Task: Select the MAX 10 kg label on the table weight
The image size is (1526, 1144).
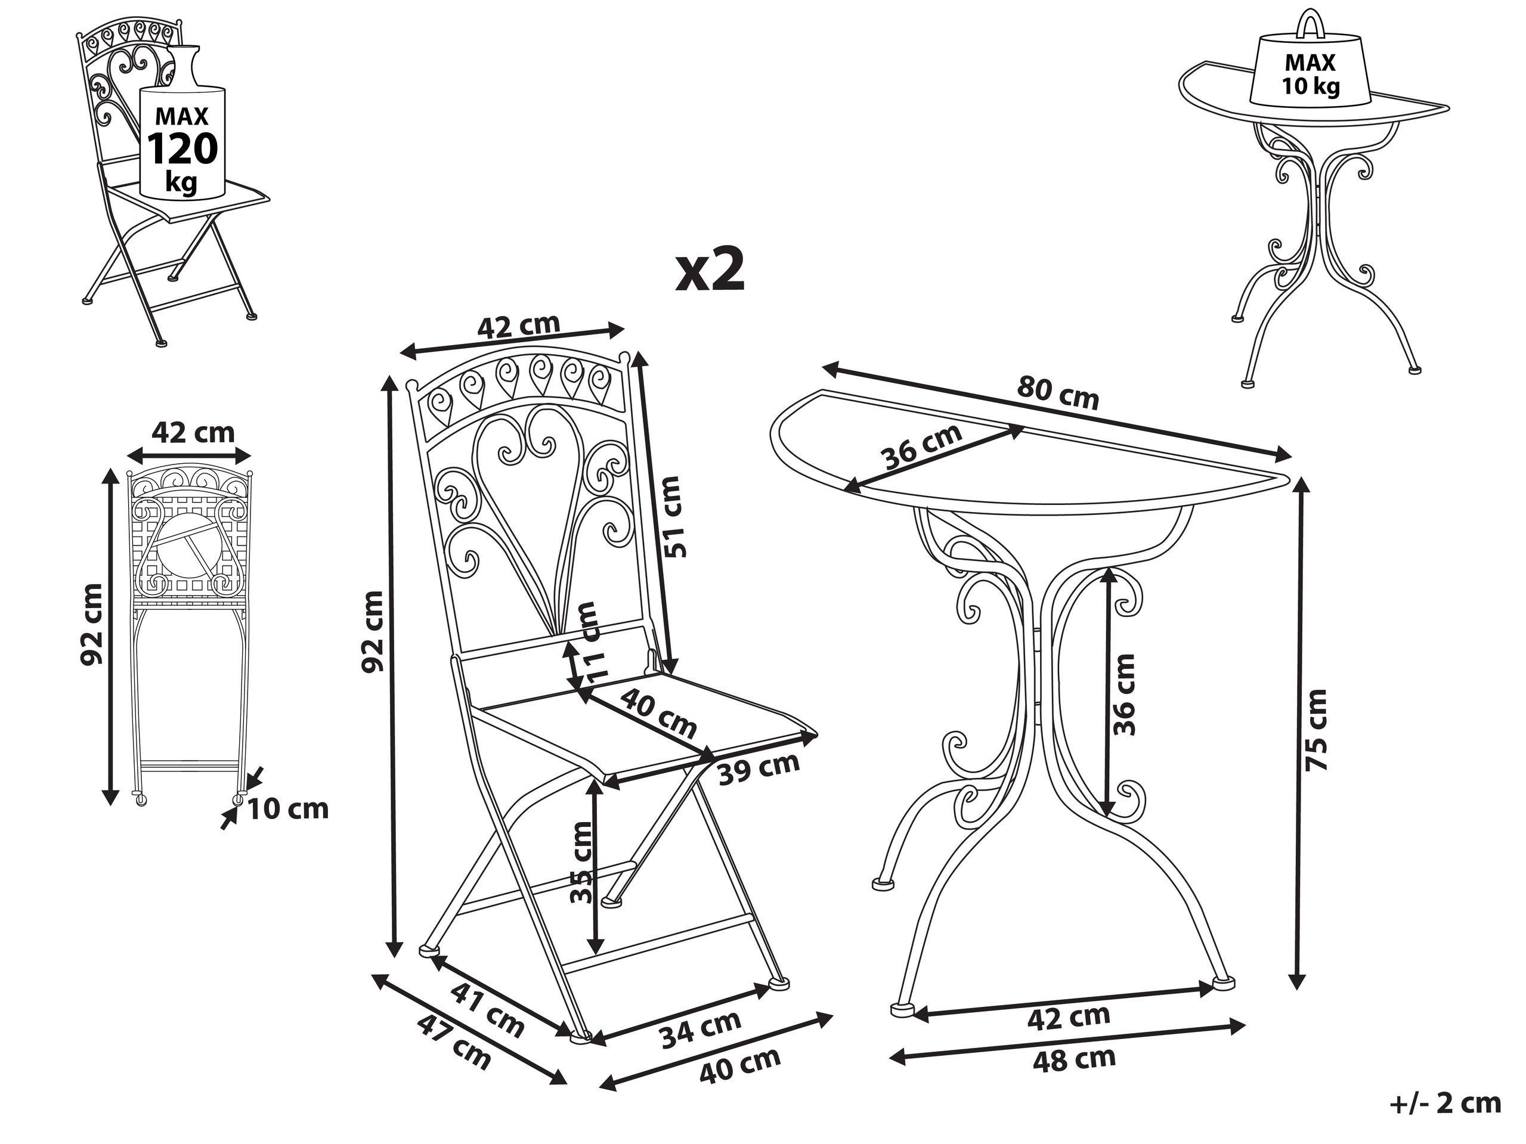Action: tap(1310, 75)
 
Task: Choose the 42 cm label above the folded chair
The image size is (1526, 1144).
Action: tap(193, 432)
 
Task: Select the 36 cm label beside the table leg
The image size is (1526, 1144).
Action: tap(1122, 695)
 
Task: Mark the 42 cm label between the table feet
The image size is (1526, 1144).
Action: tap(1069, 1017)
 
